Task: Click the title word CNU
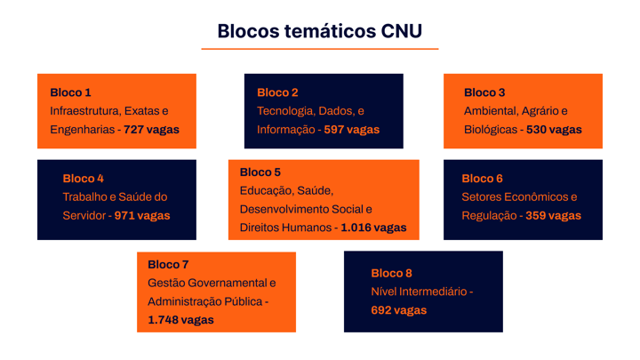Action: [402, 31]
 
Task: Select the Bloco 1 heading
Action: [70, 92]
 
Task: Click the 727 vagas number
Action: [151, 130]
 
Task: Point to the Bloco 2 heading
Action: [277, 92]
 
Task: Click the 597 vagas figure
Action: [352, 130]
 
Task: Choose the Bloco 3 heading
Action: [484, 92]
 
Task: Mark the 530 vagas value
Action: [554, 130]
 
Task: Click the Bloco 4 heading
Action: [84, 179]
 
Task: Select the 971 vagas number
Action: [142, 215]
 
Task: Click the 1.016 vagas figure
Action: [373, 228]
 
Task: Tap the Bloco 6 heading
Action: [482, 179]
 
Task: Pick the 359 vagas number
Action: [553, 215]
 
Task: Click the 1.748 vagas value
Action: [180, 320]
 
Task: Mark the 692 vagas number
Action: [399, 310]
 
